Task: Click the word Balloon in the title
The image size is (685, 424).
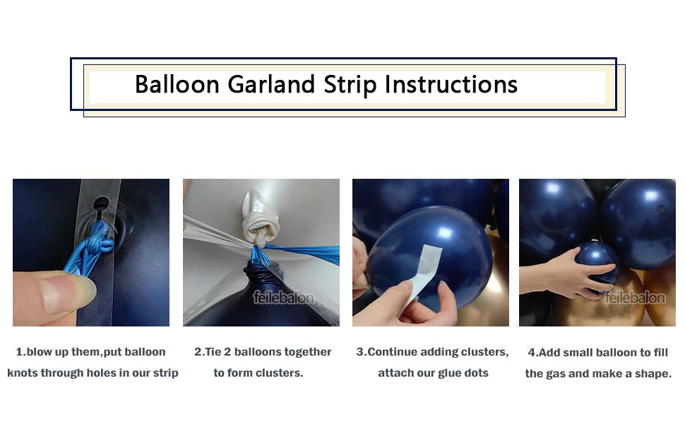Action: pos(177,84)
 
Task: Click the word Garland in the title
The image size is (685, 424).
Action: pos(271,84)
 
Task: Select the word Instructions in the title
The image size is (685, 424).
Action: pos(451,84)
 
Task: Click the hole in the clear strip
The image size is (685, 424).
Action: pos(102,204)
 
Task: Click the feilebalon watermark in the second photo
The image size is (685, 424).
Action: pos(283,298)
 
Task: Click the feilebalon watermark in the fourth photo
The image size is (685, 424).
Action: pos(635,298)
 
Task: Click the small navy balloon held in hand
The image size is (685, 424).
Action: pos(597,266)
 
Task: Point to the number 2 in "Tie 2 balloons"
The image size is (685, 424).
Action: pos(227,352)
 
